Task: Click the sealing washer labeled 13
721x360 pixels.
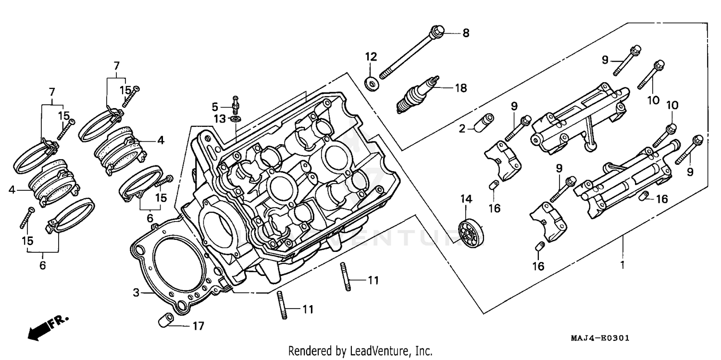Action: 236,118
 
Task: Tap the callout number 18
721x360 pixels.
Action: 460,88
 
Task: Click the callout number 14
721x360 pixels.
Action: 465,199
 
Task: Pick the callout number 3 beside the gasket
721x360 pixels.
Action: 136,292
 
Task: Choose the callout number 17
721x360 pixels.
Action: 198,326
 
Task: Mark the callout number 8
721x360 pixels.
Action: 465,33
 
